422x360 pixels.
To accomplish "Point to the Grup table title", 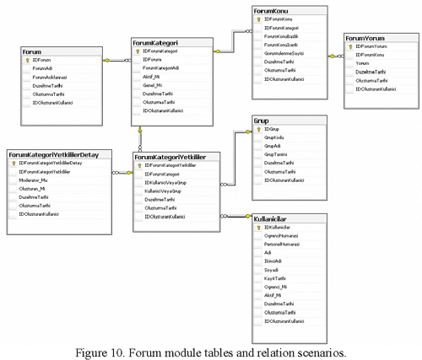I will [262, 121].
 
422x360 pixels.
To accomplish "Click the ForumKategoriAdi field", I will [163, 68].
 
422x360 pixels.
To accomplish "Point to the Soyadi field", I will [273, 270].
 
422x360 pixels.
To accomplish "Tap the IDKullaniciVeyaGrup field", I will [173, 182].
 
